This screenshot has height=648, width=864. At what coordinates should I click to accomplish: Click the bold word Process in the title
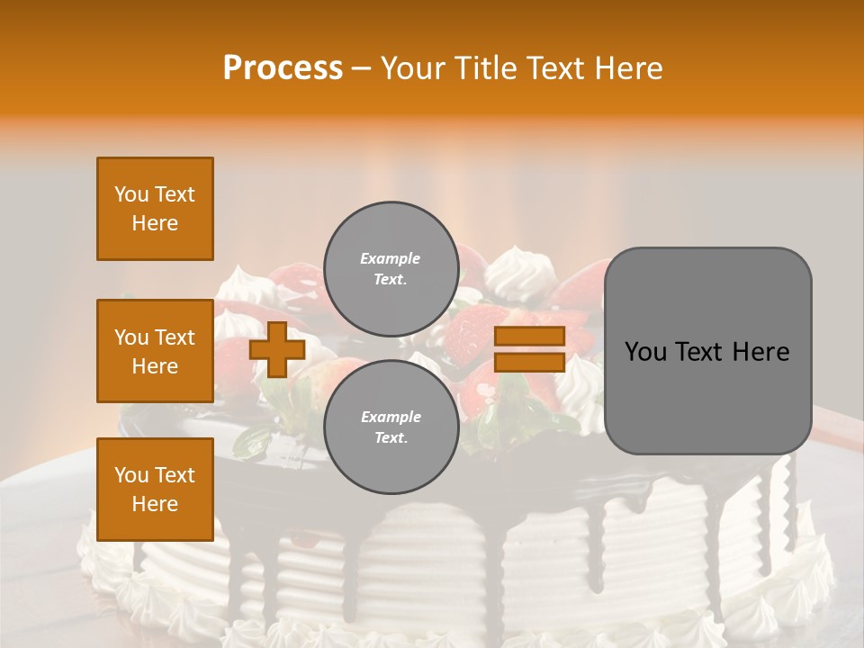click(283, 68)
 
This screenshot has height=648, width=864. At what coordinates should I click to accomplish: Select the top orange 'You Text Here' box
click(155, 209)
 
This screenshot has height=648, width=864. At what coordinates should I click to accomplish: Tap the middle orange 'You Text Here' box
click(155, 351)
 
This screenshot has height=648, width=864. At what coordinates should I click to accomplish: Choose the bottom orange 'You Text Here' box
click(155, 489)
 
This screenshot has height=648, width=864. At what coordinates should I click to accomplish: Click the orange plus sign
click(277, 349)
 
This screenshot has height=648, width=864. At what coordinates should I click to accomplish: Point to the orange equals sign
click(529, 349)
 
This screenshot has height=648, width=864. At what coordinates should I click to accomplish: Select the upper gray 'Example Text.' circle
click(391, 268)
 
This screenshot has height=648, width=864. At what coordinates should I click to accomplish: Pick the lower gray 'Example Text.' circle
click(391, 427)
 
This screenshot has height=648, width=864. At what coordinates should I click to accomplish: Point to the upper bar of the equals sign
click(529, 336)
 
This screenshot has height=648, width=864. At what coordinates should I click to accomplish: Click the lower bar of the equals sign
click(529, 363)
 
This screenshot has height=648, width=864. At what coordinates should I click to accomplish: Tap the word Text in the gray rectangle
click(699, 352)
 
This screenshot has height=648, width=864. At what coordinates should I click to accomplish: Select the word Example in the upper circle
click(391, 258)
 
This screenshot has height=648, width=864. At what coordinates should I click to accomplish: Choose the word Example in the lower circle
click(391, 417)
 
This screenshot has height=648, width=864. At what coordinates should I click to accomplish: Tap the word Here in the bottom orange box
click(155, 504)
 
